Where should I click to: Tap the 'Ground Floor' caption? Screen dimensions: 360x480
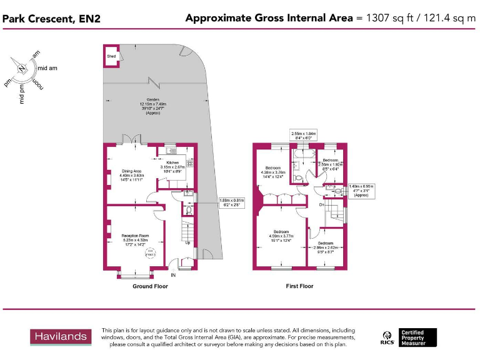point(150,286)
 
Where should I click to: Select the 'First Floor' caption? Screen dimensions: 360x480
point(299,286)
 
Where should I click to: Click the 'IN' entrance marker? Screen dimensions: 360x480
point(173,274)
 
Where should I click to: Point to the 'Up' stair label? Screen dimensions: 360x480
point(187,242)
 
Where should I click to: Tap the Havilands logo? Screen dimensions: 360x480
point(61,337)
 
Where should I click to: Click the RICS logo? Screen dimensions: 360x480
point(387,338)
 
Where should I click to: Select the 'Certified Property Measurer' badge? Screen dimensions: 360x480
point(418,337)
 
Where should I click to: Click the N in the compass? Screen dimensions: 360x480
point(22,69)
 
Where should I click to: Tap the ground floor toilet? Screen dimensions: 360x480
point(189,211)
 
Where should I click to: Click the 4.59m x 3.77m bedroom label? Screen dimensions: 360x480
point(281,234)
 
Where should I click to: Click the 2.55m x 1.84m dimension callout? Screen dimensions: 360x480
point(304,135)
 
